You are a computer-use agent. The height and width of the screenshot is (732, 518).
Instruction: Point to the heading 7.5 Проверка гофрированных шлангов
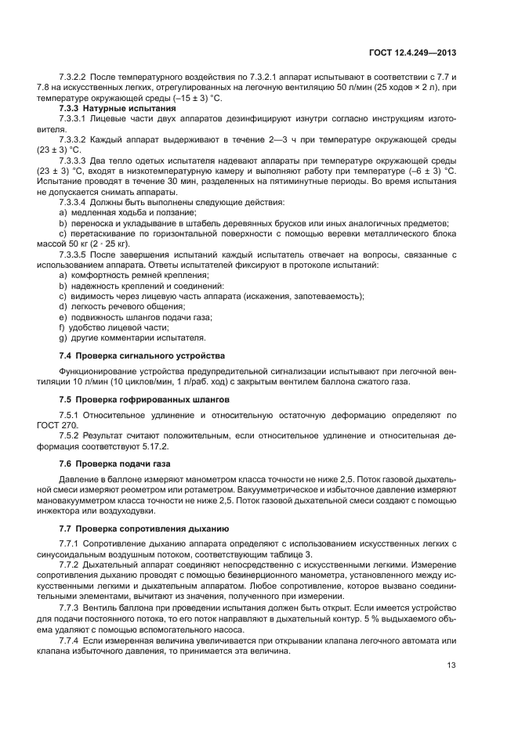[143, 398]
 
